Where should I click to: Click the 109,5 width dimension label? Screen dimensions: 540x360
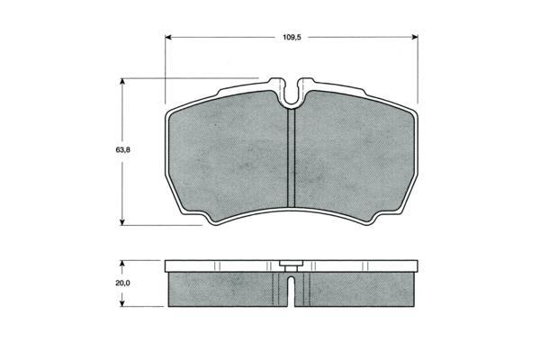point(292,37)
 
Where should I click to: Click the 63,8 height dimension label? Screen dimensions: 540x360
point(122,150)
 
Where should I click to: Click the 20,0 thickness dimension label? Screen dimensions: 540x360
point(122,283)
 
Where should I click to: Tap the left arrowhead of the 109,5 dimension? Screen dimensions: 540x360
point(168,37)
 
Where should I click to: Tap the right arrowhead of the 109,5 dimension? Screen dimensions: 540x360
point(415,37)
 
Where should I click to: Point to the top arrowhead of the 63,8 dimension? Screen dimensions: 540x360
point(121,81)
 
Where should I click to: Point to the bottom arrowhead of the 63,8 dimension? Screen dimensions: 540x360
point(121,222)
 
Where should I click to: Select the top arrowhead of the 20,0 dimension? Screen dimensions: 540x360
point(121,264)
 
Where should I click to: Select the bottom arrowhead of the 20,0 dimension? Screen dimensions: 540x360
point(121,303)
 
